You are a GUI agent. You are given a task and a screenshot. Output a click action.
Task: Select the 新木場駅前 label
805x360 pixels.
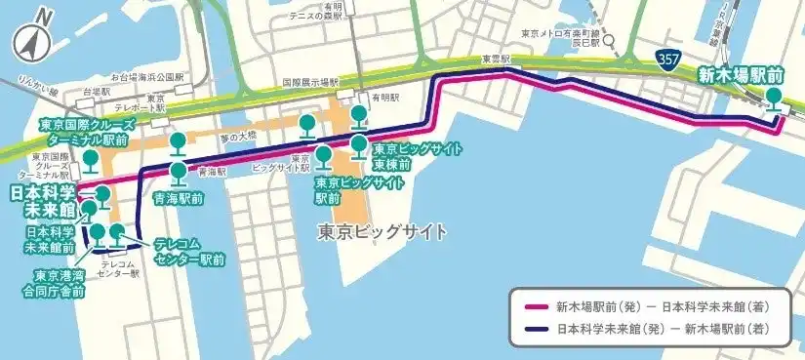[741, 72]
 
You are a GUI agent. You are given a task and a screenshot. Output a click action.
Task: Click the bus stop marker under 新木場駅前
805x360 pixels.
[775, 99]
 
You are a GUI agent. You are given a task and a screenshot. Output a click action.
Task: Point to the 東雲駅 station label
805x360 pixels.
[496, 59]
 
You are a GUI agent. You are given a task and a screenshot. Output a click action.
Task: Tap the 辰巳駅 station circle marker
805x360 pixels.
[608, 41]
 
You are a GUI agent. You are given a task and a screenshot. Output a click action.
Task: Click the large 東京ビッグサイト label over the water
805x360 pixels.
[382, 232]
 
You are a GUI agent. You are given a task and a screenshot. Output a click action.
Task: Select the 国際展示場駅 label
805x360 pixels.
[309, 83]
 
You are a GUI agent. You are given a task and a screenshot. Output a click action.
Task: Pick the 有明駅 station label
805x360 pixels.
[383, 99]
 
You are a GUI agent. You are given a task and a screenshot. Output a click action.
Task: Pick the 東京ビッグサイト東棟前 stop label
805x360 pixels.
[402, 156]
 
